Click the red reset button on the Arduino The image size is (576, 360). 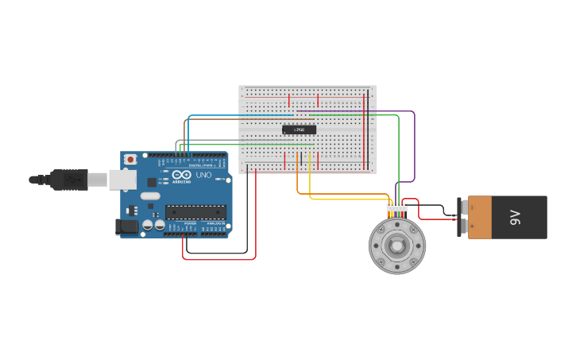pos(130,160)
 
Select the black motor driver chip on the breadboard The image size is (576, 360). pos(299,130)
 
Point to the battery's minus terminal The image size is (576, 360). pos(472,207)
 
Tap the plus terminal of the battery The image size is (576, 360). pos(472,227)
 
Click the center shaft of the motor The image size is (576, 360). pos(396,246)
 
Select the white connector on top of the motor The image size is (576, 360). pos(396,207)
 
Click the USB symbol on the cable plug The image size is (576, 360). pos(73,180)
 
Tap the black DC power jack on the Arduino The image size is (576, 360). pos(126,227)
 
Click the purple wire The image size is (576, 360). pos(414,151)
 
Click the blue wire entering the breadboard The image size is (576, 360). pos(238,116)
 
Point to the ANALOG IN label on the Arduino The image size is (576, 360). pos(215,224)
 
